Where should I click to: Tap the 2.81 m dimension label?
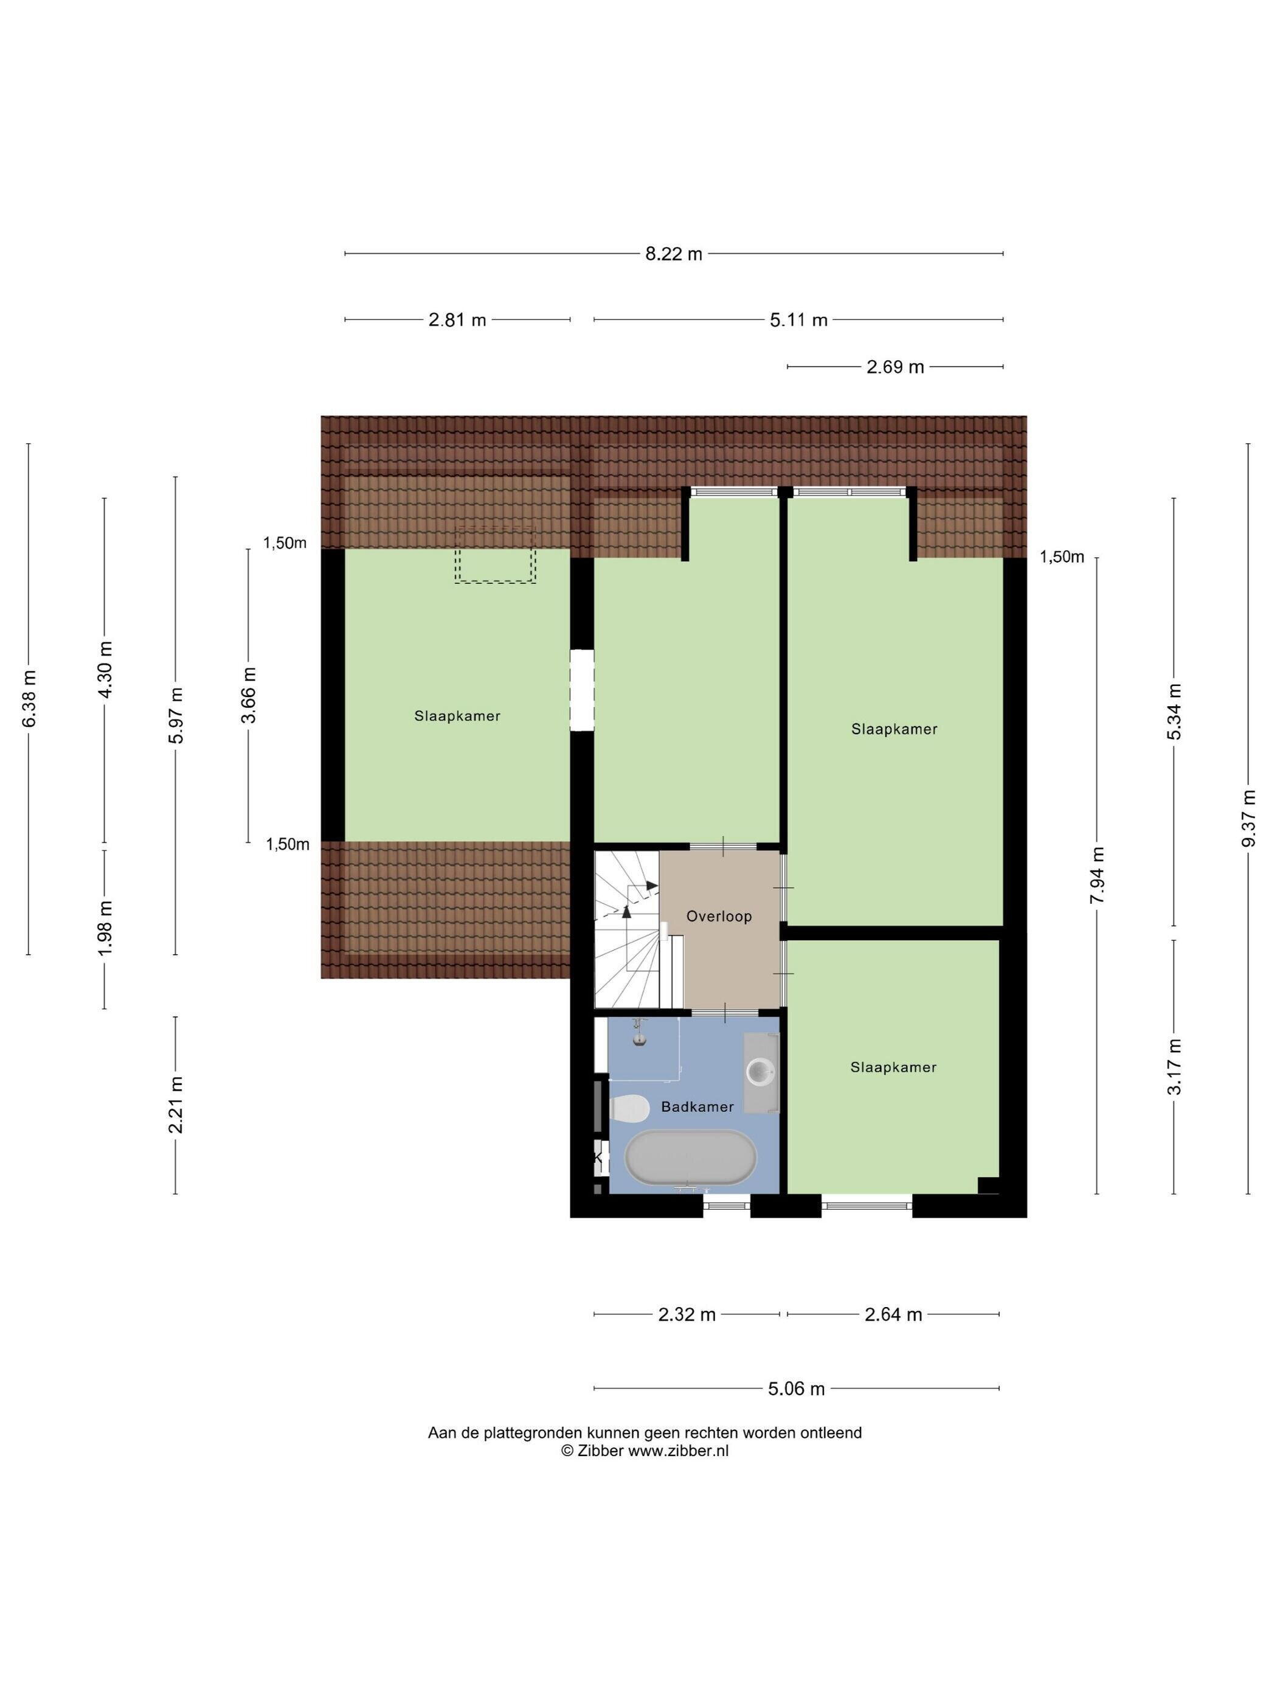[x=457, y=319]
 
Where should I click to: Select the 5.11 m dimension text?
[x=798, y=319]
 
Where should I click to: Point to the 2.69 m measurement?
[x=895, y=367]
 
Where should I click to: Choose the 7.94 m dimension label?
[x=1097, y=875]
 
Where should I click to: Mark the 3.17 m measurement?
[x=1174, y=1066]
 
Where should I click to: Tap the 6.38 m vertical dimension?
[x=29, y=699]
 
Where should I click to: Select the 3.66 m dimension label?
[x=248, y=695]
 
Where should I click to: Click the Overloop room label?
[x=719, y=916]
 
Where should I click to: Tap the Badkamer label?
[x=697, y=1106]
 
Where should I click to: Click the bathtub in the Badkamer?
[x=690, y=1158]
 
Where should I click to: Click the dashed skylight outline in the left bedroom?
[x=494, y=554]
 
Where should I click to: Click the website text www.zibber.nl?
[x=678, y=1451]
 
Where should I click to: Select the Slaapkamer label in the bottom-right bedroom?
[x=893, y=1067]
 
